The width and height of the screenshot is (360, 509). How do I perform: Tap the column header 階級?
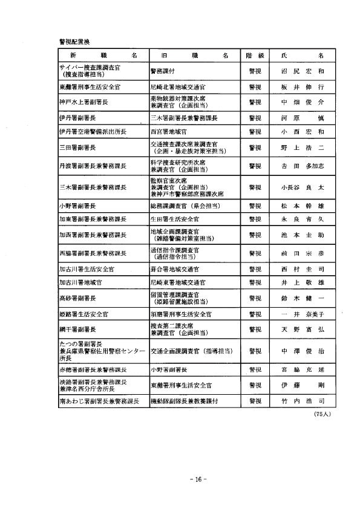253,55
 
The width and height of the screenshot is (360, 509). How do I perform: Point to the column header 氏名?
303,55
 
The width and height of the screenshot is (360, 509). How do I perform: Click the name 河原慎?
303,117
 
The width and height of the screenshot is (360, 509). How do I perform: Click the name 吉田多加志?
303,165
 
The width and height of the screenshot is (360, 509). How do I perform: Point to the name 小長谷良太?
303,187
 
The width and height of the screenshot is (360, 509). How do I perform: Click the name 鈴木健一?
303,299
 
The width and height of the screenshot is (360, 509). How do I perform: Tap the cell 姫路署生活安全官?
83,314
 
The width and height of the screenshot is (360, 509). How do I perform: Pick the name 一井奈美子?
303,314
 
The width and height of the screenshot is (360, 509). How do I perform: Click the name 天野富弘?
303,329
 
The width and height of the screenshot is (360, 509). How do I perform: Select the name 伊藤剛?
303,385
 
